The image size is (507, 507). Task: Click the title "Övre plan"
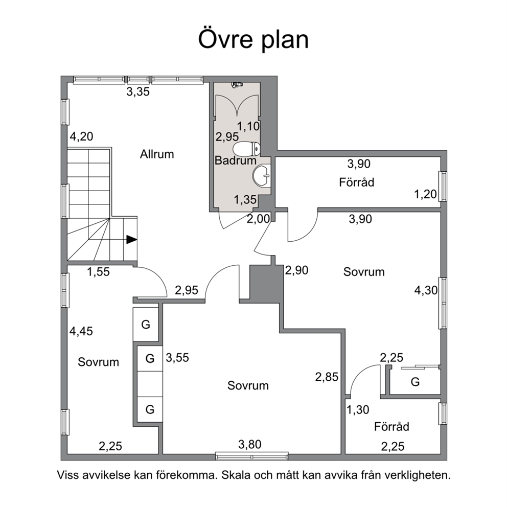(253, 39)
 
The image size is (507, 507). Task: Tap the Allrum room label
(157, 154)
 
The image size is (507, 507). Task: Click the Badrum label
(236, 160)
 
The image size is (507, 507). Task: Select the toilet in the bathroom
(246, 149)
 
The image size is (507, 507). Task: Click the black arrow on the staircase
(131, 240)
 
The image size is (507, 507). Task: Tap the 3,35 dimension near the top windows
(138, 92)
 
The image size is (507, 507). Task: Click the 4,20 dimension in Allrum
(81, 136)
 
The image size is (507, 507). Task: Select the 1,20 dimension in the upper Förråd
(426, 194)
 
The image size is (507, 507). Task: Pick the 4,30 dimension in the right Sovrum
(426, 290)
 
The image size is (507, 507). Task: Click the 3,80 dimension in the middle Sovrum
(250, 445)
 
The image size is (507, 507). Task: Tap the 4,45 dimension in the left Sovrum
(81, 331)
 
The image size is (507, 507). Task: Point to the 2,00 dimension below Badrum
(258, 219)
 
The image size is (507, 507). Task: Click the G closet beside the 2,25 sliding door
(415, 382)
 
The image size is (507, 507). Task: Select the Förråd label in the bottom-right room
(391, 427)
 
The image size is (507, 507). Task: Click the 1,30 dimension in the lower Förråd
(358, 410)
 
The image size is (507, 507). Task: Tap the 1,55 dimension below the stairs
(98, 272)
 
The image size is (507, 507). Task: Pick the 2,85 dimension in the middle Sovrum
(327, 377)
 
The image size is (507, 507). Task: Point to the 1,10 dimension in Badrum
(249, 126)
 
